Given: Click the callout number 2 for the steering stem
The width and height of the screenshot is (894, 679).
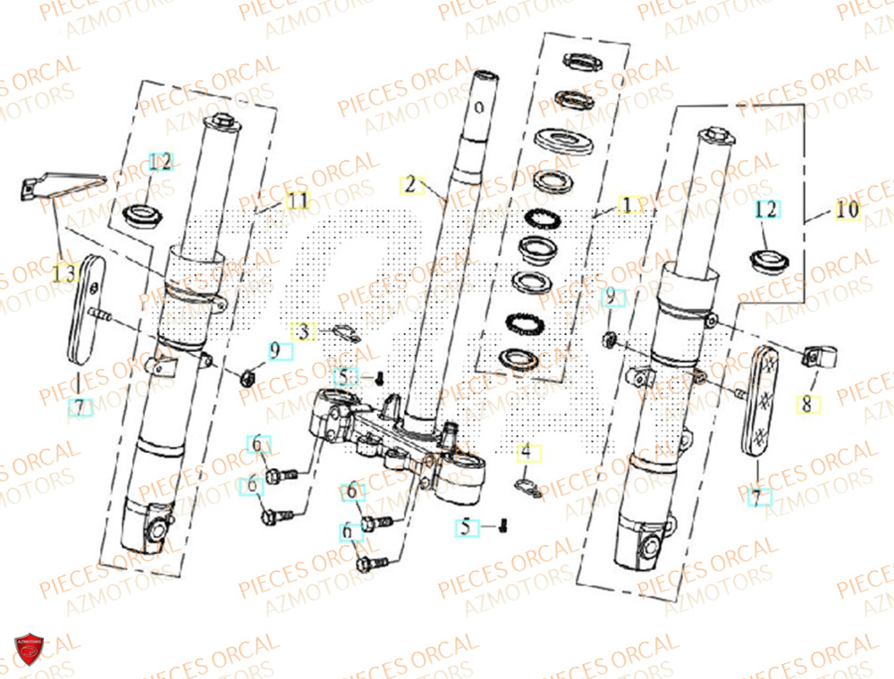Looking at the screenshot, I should pos(409,186).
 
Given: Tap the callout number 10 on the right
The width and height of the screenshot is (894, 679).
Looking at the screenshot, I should pos(846,211).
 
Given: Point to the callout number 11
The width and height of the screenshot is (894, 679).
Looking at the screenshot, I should pos(297,201).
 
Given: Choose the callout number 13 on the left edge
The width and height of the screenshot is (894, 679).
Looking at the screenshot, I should pos(64,275).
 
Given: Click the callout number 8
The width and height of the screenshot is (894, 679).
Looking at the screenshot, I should pos(807,405).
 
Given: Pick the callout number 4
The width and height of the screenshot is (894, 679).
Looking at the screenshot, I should pos(527,453).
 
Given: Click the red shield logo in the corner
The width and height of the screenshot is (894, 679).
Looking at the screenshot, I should pos(29,650).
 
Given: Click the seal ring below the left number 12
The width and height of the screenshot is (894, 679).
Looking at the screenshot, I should pos(141,215).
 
